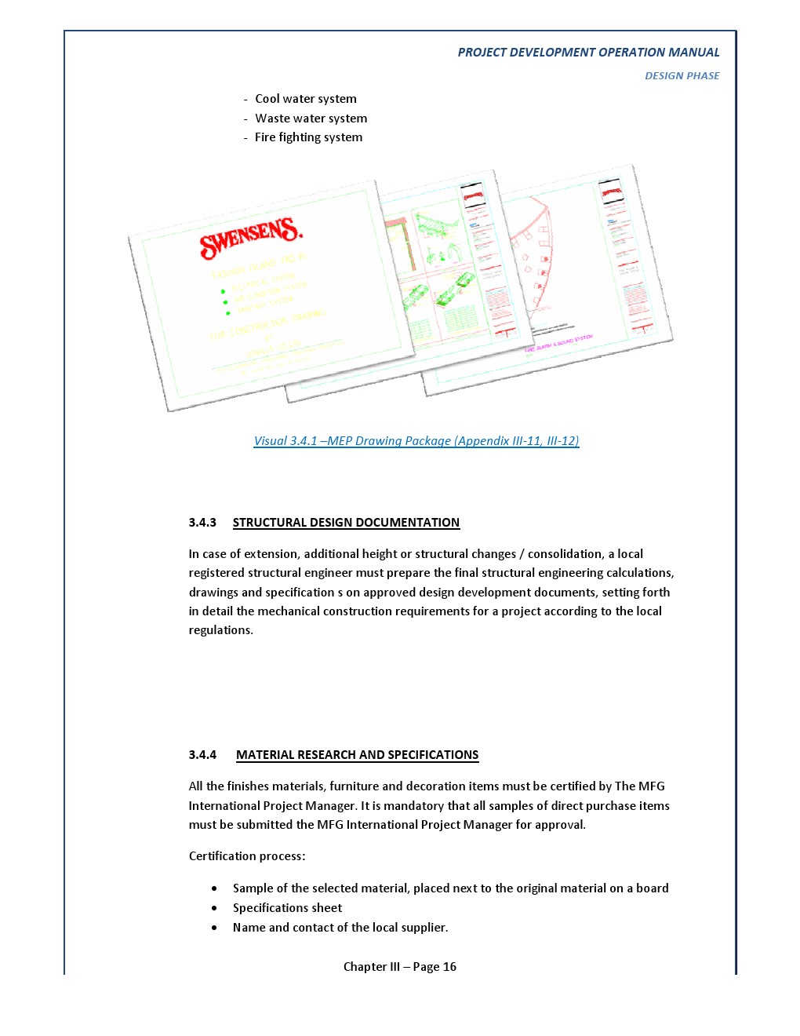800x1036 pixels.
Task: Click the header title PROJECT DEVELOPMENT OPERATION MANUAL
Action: click(x=588, y=53)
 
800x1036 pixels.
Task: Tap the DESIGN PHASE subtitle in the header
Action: click(x=682, y=76)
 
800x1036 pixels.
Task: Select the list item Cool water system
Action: click(x=305, y=99)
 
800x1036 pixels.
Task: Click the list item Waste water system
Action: click(x=311, y=119)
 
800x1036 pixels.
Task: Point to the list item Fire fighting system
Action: click(x=308, y=137)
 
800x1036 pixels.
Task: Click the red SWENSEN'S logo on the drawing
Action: click(x=250, y=237)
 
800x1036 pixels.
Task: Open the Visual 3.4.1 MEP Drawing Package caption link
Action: click(x=416, y=441)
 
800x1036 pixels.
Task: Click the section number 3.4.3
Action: click(x=202, y=523)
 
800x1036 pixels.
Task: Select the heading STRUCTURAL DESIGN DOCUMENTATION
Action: click(x=346, y=523)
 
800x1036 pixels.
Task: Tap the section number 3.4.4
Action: click(x=202, y=755)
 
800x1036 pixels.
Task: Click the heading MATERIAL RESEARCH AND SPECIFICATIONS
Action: click(x=357, y=755)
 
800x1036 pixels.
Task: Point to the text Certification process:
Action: click(x=247, y=856)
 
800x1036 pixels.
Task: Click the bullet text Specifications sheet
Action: click(x=287, y=908)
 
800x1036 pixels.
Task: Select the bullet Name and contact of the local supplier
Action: click(x=340, y=928)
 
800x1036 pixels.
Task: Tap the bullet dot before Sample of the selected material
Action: click(x=214, y=888)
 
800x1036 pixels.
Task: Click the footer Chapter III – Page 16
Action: click(x=400, y=967)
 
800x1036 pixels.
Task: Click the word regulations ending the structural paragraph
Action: click(x=220, y=630)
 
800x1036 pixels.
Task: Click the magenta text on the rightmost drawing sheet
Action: click(x=559, y=343)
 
